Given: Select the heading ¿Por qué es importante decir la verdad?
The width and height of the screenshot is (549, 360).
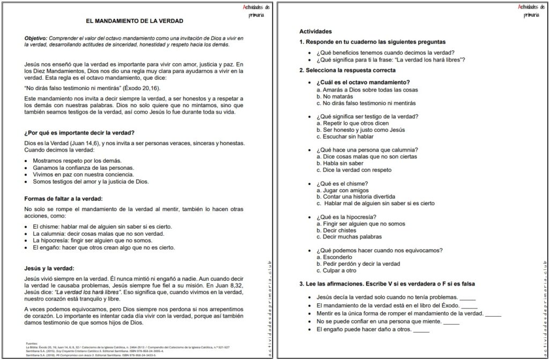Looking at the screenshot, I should (79, 132).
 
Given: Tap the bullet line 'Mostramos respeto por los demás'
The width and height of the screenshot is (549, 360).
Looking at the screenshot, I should (77, 160).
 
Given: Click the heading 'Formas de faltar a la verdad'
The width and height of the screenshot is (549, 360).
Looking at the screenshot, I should (63, 198).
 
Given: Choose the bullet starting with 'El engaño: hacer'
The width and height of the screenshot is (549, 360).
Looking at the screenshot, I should (103, 247).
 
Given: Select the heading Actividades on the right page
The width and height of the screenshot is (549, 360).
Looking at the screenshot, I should (315, 32).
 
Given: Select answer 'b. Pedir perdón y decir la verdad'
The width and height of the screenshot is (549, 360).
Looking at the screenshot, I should (358, 264).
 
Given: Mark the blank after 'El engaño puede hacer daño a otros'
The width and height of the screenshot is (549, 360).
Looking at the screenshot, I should (421, 329).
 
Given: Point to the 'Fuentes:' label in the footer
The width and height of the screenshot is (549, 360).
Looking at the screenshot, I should (32, 343).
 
